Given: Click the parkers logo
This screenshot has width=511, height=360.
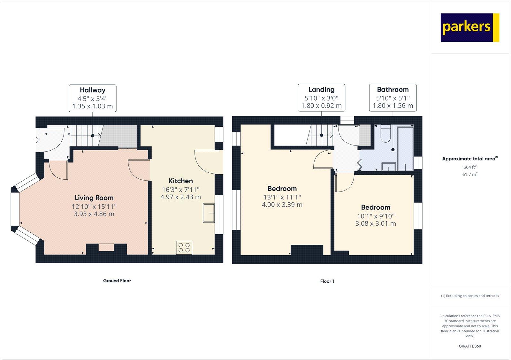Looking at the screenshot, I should [469, 27].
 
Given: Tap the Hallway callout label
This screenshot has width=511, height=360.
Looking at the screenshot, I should [93, 98].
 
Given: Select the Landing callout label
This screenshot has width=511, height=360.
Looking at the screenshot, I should [321, 97].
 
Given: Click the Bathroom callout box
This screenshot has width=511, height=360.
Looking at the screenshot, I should [393, 97].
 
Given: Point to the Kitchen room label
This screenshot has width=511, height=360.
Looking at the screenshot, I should [180, 181].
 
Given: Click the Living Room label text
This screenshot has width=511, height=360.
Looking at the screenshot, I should [94, 198].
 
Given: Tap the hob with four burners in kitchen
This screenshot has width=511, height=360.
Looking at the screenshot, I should [184, 248].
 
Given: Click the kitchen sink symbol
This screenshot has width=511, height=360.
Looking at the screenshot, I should [209, 213].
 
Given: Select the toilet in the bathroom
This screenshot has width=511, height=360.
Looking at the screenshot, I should [385, 134].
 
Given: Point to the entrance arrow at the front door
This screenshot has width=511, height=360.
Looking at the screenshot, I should [37, 140].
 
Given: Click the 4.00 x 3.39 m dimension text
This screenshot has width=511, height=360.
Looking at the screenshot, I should [282, 205].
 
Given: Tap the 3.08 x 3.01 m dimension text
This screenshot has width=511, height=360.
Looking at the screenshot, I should [376, 224].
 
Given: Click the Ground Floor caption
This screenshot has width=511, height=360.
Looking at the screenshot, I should [117, 281].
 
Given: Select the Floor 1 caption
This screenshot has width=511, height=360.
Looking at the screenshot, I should [327, 281].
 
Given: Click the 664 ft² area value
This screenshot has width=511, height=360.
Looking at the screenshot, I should [470, 167].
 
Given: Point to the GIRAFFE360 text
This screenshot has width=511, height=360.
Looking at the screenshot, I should [470, 346].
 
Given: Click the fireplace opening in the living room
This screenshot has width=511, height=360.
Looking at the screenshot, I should [106, 247].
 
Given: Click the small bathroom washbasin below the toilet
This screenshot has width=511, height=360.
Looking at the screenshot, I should [389, 167].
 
